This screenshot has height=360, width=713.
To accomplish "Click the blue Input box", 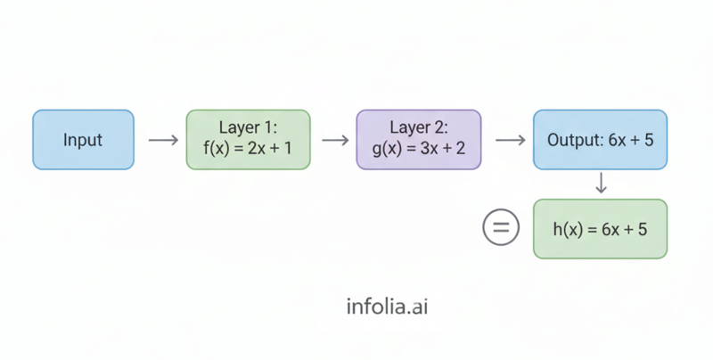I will [83, 140].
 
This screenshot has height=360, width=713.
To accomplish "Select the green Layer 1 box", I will [248, 140].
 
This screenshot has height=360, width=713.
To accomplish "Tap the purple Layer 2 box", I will [418, 140].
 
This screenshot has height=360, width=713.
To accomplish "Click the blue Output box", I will [599, 140].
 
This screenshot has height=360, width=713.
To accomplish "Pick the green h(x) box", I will [599, 229].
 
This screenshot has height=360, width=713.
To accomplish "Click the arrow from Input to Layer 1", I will [161, 141].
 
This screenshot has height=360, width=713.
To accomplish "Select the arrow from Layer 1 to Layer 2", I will [334, 141].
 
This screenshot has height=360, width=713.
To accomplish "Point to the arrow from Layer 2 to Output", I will [508, 141].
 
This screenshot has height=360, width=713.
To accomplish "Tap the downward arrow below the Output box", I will [600, 184].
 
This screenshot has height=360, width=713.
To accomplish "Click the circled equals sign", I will [501, 229].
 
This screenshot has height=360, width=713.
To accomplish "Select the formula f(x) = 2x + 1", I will [248, 149].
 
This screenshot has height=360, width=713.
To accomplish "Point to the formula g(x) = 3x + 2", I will [418, 149].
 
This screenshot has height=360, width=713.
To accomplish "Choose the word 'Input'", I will [83, 141].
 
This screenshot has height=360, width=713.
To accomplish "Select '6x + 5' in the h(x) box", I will [624, 229].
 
